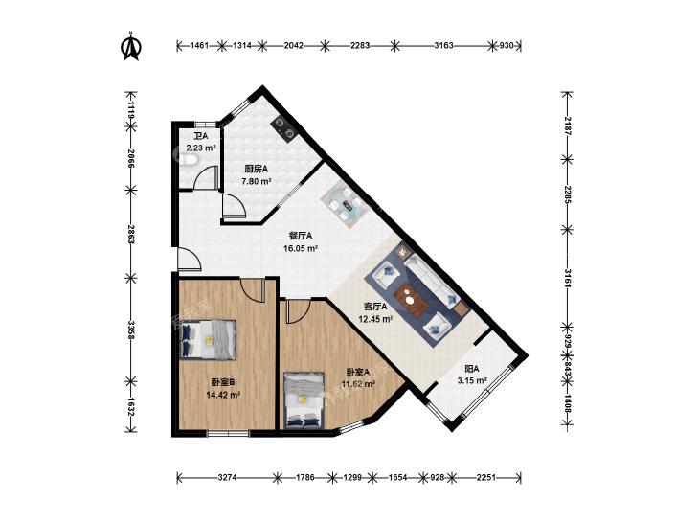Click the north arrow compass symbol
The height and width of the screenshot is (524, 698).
coord(131,46)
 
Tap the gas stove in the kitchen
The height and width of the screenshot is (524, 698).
coord(283,127)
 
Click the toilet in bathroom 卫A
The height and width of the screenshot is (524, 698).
coord(187,160)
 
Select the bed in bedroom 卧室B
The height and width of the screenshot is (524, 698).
coord(208,339)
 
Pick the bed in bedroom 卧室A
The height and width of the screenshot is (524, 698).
coord(304,399)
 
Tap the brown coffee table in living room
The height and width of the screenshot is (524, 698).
coord(413,300)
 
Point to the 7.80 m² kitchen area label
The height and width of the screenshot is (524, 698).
coord(257,181)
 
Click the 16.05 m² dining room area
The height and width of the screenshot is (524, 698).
coord(301,248)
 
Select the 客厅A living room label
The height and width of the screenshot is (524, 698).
coord(375,307)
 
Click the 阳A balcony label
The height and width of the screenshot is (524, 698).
coord(471,369)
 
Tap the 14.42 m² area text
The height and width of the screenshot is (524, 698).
coord(223,394)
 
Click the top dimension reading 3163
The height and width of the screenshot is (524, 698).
coord(443,45)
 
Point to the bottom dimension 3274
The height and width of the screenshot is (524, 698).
coord(228,478)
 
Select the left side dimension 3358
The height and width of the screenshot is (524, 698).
coord(131,330)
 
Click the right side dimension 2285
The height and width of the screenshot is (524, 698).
coord(567,194)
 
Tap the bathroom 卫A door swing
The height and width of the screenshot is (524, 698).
coord(206,178)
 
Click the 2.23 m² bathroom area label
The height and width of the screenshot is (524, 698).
coord(201,148)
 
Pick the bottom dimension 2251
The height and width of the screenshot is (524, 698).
coord(486,478)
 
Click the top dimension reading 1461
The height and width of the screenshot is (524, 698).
coord(199,45)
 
